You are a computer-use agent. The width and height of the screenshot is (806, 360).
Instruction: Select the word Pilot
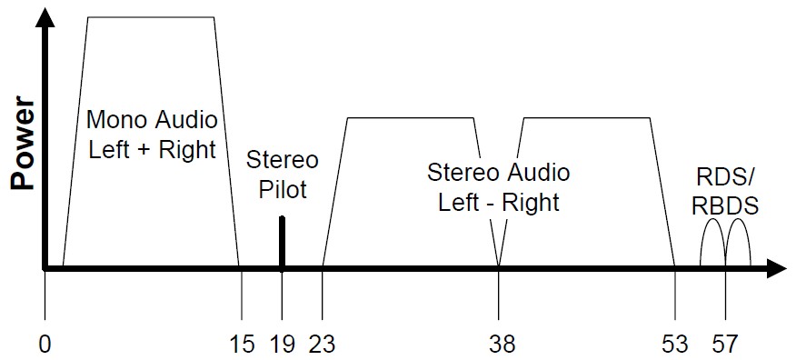pyautogui.click(x=283, y=189)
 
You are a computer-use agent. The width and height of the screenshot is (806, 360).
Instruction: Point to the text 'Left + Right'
pyautogui.click(x=152, y=148)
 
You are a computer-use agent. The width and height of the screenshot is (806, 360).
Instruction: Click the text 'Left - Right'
pyautogui.click(x=499, y=201)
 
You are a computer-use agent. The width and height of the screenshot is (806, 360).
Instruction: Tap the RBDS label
pyautogui.click(x=724, y=206)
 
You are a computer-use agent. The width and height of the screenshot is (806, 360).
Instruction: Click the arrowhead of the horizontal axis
pyautogui.click(x=776, y=268)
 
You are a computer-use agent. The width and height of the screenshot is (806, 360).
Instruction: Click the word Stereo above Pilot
pyautogui.click(x=283, y=161)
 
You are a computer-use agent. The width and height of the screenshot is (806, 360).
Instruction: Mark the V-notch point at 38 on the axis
pyautogui.click(x=499, y=265)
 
